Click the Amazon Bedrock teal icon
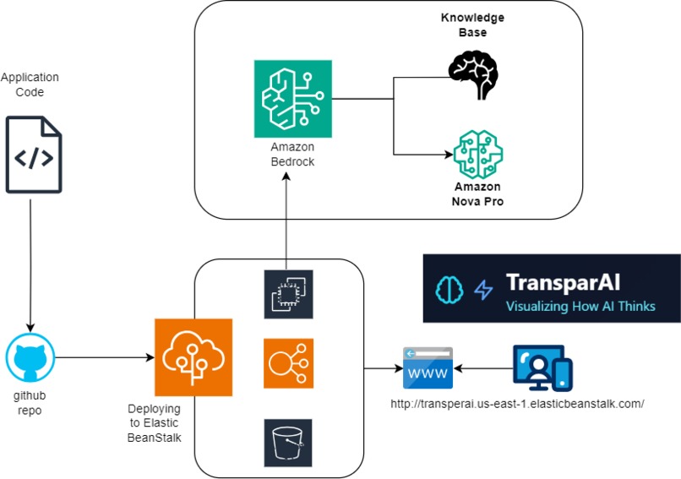click(x=293, y=99)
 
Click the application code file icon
click(x=34, y=155)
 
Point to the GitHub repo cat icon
click(x=30, y=357)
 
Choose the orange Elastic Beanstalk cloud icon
click(x=193, y=357)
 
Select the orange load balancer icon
click(x=288, y=364)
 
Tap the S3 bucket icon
click(x=288, y=441)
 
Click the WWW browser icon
click(x=427, y=367)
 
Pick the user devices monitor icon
click(x=542, y=367)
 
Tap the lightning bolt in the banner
click(x=483, y=290)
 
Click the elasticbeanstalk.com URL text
click(x=517, y=404)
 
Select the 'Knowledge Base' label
click(x=472, y=25)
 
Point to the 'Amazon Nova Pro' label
click(x=477, y=193)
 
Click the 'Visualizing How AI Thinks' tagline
click(x=580, y=306)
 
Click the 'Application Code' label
click(x=30, y=84)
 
